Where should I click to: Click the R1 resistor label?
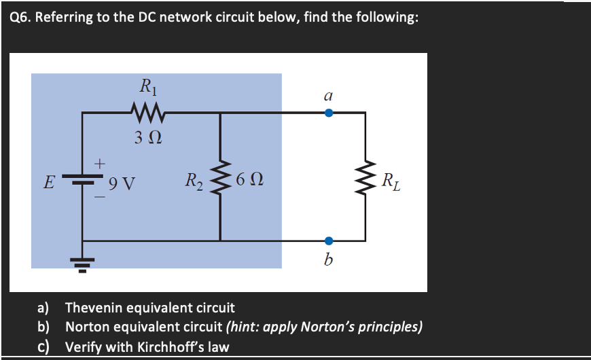click(x=147, y=86)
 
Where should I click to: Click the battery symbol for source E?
click(x=83, y=181)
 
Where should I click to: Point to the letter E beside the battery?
click(x=48, y=182)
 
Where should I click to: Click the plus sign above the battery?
click(x=100, y=164)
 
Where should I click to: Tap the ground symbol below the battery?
click(x=83, y=262)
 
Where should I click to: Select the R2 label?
click(x=194, y=181)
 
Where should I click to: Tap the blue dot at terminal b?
click(x=329, y=240)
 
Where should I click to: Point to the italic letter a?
click(x=328, y=96)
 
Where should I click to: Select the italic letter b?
click(x=329, y=259)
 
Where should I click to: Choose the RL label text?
click(x=391, y=181)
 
